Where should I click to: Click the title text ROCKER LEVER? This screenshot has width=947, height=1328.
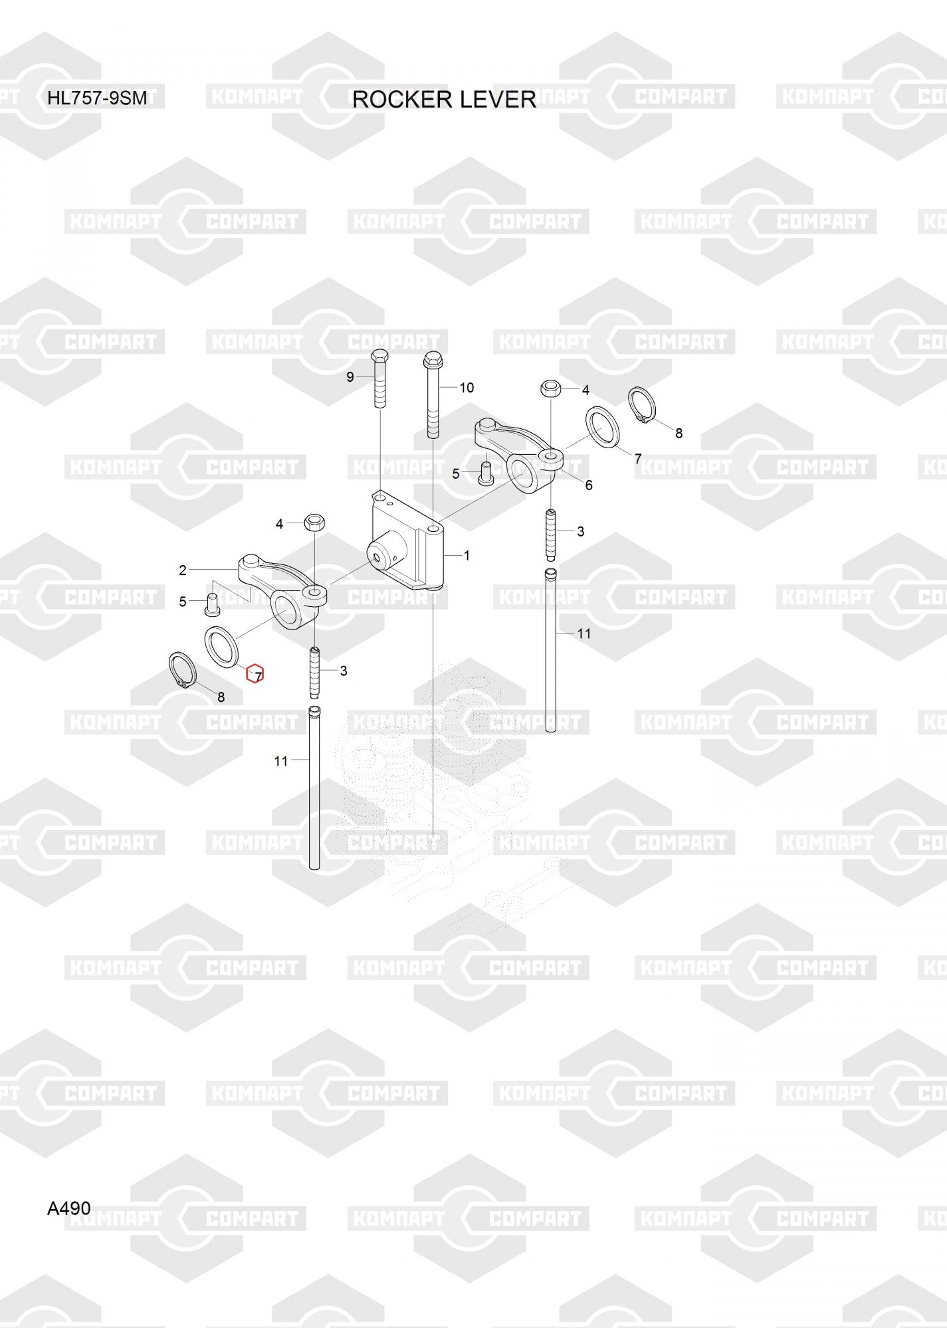pyautogui.click(x=444, y=100)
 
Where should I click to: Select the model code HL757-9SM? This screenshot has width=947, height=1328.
pyautogui.click(x=96, y=98)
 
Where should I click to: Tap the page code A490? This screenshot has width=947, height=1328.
pyautogui.click(x=68, y=1208)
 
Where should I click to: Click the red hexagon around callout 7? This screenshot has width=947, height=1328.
pyautogui.click(x=255, y=674)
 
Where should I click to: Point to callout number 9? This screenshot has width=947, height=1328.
pyautogui.click(x=350, y=377)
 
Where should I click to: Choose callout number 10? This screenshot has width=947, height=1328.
pyautogui.click(x=467, y=388)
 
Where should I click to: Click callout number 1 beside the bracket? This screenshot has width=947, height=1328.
pyautogui.click(x=467, y=555)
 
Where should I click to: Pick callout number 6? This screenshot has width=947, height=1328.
pyautogui.click(x=588, y=485)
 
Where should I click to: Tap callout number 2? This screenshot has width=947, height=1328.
pyautogui.click(x=183, y=570)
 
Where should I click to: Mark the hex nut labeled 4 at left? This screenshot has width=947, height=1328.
pyautogui.click(x=314, y=523)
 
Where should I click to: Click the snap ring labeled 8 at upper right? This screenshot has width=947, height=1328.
pyautogui.click(x=641, y=405)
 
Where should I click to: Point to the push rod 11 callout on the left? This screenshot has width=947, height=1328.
pyautogui.click(x=281, y=761)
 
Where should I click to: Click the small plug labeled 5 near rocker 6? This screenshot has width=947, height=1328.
pyautogui.click(x=485, y=472)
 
